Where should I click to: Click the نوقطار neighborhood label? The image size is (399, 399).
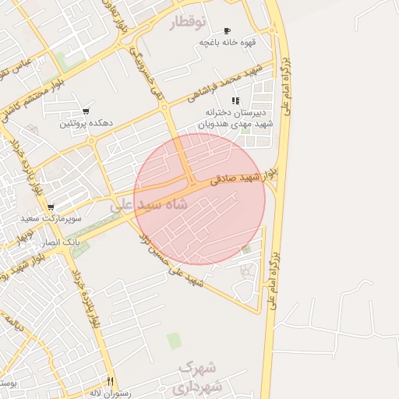tap(200, 23)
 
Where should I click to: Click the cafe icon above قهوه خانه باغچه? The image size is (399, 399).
tap(228, 30)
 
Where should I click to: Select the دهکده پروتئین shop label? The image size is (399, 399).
tap(86, 123)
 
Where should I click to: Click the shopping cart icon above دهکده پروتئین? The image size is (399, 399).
tap(86, 111)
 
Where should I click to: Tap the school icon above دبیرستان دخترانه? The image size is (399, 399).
tap(235, 101)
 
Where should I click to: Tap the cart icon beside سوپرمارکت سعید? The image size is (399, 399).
tap(51, 208)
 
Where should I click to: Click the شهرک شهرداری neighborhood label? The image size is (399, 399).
tap(200, 376)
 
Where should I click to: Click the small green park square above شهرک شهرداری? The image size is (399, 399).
tap(173, 341)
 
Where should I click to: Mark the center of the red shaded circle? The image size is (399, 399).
tap(199, 199)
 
